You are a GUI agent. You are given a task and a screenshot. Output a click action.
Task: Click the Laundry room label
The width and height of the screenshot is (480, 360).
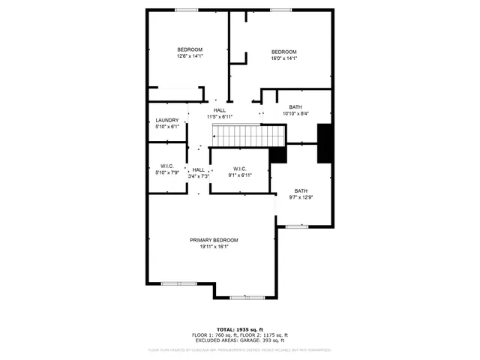(x=166, y=121)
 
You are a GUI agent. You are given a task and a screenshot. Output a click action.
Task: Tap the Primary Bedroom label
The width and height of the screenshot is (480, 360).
(x=214, y=240)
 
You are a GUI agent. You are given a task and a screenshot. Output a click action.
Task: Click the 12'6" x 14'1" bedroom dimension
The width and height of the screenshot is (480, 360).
(x=190, y=56)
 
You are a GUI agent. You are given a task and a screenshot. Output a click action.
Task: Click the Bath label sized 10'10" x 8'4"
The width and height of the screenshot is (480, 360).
(x=295, y=107)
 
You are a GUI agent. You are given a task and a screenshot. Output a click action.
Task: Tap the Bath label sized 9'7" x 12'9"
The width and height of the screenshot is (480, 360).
(x=301, y=190)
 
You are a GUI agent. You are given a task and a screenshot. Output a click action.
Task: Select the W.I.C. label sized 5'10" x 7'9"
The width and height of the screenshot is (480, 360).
(x=166, y=166)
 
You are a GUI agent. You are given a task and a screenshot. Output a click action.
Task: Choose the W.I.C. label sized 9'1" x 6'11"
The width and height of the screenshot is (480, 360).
(x=240, y=169)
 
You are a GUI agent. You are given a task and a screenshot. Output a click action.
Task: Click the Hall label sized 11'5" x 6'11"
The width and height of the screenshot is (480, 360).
(x=219, y=110)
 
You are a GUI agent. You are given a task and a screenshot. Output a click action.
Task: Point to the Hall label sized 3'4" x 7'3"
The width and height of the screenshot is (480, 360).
(x=199, y=170)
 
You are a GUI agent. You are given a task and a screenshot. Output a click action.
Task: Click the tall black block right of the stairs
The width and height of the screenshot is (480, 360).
(x=325, y=142)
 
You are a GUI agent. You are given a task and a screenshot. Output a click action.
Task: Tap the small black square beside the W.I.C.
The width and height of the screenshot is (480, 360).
(x=277, y=154)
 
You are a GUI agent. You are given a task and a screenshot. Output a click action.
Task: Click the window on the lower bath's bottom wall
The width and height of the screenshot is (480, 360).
(x=297, y=226)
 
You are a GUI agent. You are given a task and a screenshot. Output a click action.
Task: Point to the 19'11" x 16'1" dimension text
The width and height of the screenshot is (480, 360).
(x=214, y=247)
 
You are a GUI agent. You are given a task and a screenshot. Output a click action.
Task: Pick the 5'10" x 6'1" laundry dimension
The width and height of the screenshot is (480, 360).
(x=166, y=127)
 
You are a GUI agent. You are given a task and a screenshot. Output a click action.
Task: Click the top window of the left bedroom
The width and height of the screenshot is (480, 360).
(x=186, y=10)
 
